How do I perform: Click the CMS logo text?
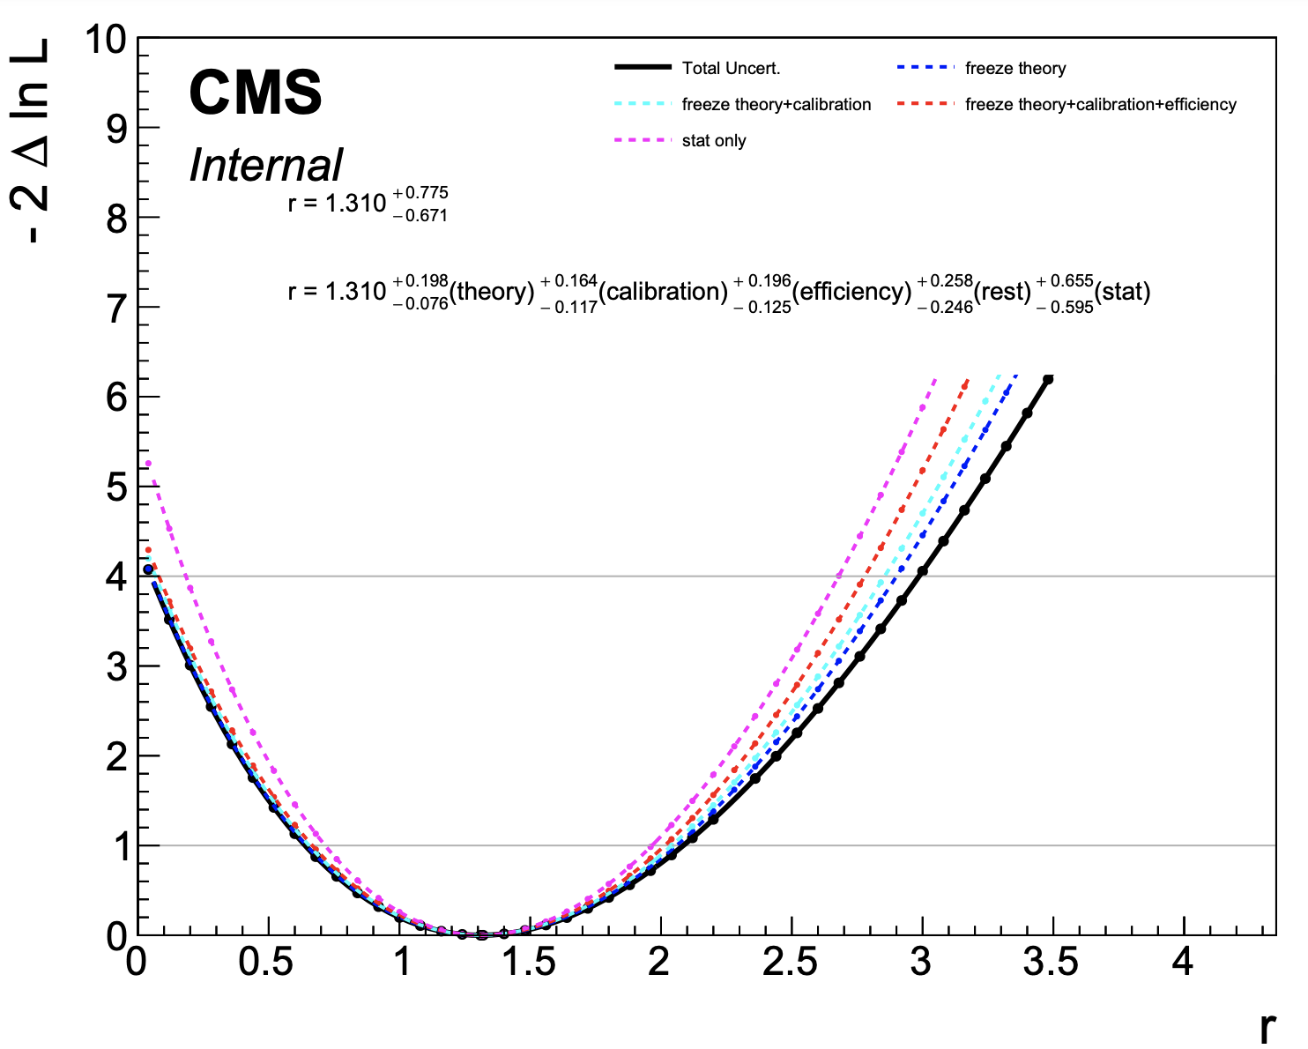tap(256, 93)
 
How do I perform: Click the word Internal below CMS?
tap(265, 165)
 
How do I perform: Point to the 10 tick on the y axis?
tap(107, 40)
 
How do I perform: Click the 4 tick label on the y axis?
tap(117, 577)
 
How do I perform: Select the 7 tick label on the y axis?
tap(117, 308)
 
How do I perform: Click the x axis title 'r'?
tap(1267, 1027)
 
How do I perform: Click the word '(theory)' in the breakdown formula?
tap(492, 292)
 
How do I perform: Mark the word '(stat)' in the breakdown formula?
tap(1122, 292)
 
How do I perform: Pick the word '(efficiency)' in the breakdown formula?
tap(851, 292)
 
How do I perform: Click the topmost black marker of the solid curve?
tap(1048, 379)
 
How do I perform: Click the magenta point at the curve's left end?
tap(148, 463)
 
